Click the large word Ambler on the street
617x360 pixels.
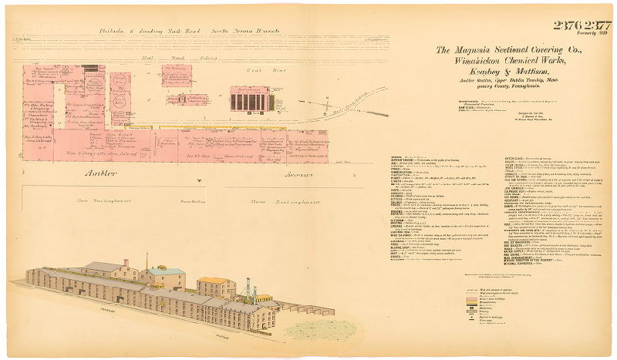pos(103,174)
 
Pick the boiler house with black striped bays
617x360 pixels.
pos(250,99)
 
